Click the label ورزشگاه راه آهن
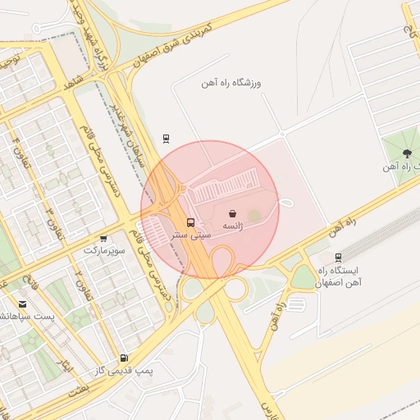tap(232, 84)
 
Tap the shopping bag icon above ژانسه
tap(232, 212)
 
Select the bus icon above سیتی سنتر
tap(191, 222)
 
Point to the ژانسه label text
tap(232, 226)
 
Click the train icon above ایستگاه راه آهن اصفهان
tap(339, 257)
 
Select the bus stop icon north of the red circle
tap(167, 138)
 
